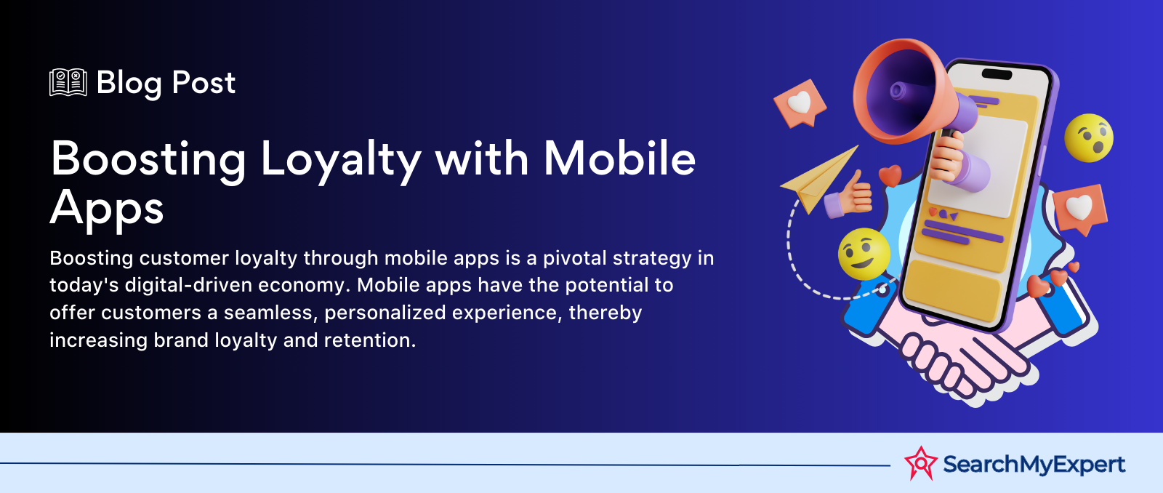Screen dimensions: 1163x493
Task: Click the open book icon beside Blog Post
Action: [68, 82]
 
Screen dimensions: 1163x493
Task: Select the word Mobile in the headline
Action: [619, 158]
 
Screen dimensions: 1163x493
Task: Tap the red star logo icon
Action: [920, 463]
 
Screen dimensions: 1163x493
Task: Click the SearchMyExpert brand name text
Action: [1034, 464]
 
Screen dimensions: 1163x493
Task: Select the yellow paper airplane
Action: [819, 179]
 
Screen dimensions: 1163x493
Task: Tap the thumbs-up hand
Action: [848, 194]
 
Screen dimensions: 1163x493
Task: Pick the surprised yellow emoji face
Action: [1089, 137]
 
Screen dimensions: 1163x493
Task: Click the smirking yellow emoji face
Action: [864, 254]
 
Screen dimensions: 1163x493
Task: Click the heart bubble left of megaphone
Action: [800, 103]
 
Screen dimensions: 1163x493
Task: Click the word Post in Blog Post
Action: [204, 83]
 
